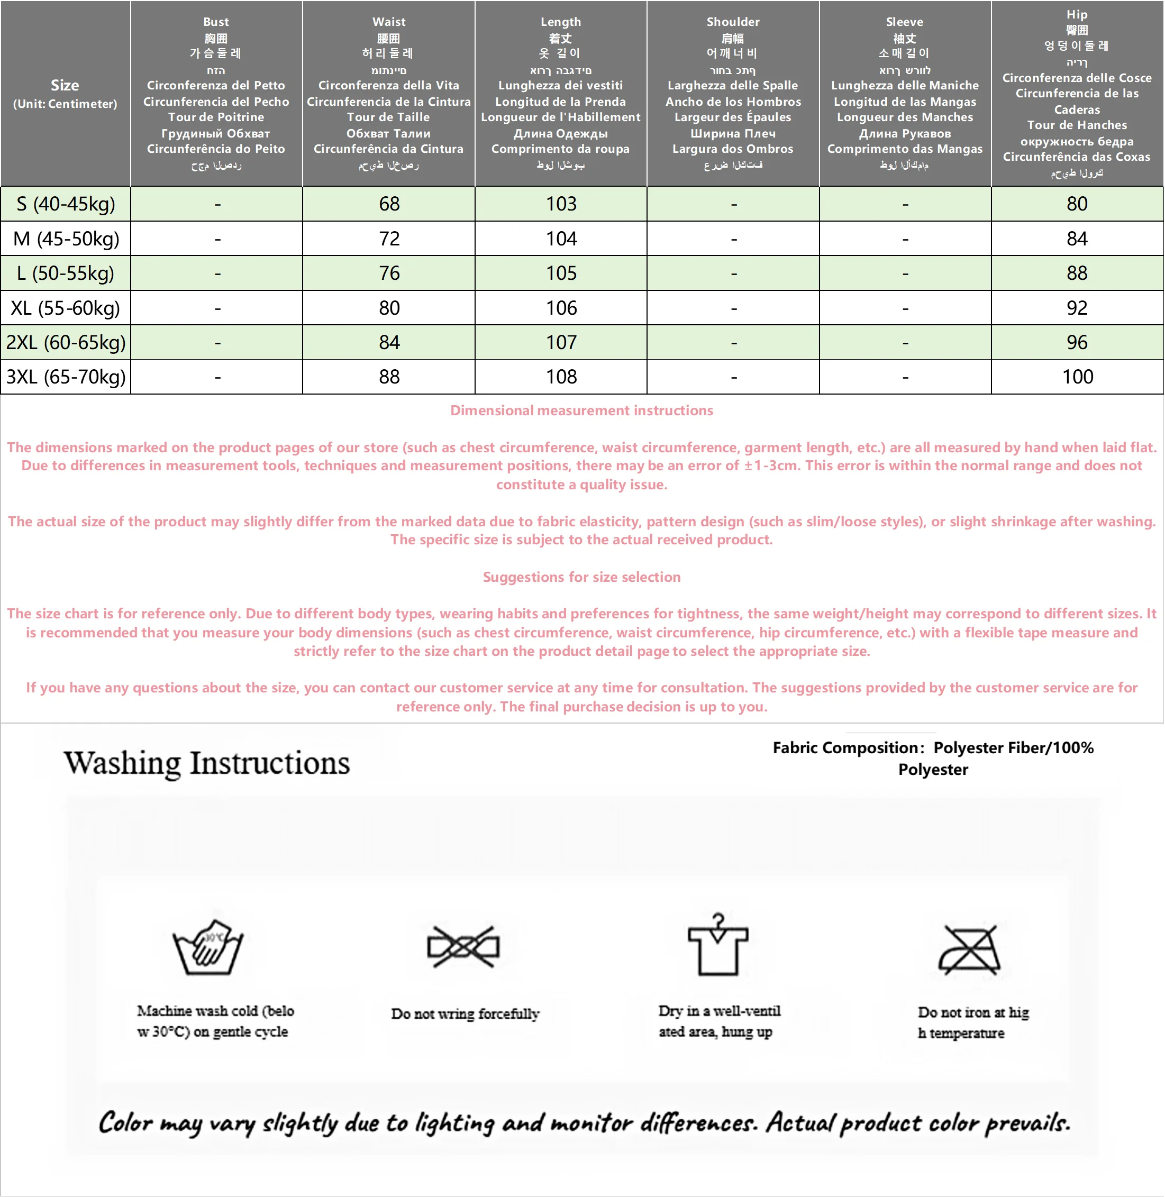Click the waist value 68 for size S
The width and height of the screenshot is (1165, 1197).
(x=389, y=204)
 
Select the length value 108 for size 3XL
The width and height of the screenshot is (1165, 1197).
(x=561, y=377)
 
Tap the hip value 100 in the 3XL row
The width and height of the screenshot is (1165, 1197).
(x=1077, y=377)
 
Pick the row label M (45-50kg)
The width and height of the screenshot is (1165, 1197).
(x=66, y=239)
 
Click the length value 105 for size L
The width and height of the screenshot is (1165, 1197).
(x=561, y=273)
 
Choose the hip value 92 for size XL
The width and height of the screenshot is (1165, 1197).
(x=1077, y=308)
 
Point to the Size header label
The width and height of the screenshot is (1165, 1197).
(x=65, y=85)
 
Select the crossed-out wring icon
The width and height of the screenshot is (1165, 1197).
(x=463, y=947)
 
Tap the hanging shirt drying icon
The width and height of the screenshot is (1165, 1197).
(x=718, y=945)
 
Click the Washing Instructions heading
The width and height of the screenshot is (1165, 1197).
(x=207, y=763)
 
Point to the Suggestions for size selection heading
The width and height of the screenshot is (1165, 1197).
(x=581, y=577)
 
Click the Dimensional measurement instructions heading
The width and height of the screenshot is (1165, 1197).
(x=581, y=410)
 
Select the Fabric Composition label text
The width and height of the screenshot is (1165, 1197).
(x=849, y=747)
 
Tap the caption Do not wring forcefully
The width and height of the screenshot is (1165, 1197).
(x=465, y=1014)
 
